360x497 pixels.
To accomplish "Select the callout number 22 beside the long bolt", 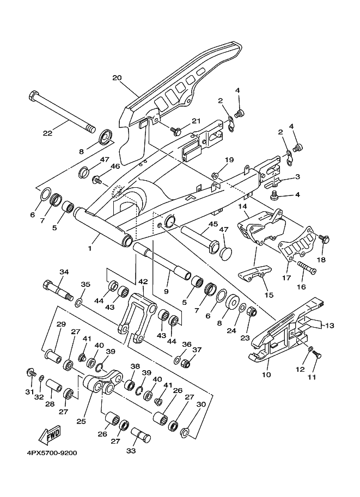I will click(48, 132).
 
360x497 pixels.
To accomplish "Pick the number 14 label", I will click(243, 206).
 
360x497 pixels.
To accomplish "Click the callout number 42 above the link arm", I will click(143, 281).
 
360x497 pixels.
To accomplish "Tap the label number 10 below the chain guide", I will click(267, 375).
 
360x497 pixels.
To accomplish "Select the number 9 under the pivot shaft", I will click(166, 291).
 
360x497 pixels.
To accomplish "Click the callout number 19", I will click(229, 160).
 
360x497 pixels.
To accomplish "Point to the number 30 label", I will click(202, 404).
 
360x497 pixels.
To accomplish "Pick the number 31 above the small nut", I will click(29, 391).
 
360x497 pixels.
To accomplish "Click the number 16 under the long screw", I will click(301, 287).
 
